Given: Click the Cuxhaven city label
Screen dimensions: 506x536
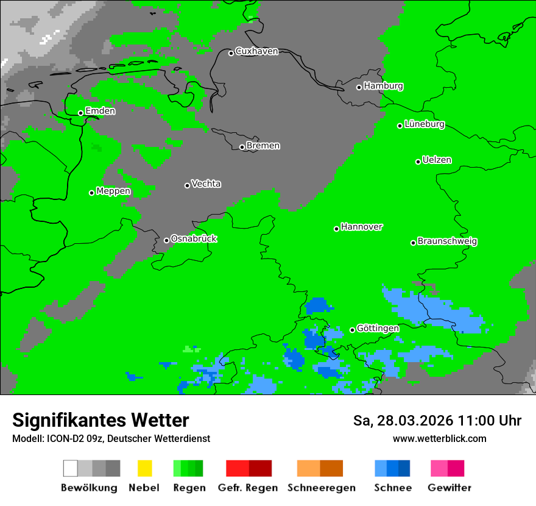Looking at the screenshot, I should [x=256, y=51].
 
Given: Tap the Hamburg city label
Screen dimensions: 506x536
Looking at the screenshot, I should [x=383, y=86].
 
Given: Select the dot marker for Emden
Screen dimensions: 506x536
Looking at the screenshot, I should [x=80, y=113].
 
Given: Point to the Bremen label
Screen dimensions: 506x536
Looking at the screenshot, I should [x=263, y=146].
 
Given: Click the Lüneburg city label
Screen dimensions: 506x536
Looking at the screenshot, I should [x=424, y=124].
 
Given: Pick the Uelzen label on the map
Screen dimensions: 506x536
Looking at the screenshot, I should [x=437, y=160].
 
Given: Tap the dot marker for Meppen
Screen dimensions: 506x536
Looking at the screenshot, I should [x=91, y=193].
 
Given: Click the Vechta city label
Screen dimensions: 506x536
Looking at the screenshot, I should [x=206, y=184].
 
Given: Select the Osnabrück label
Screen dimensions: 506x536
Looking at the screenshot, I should [x=194, y=238].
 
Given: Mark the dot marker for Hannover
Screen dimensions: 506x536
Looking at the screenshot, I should [x=336, y=229].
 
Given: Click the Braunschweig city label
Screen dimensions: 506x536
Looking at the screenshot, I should [x=447, y=241].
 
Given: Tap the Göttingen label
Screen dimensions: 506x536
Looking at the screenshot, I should [x=378, y=329].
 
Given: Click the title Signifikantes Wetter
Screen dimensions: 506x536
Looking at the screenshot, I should [x=100, y=421].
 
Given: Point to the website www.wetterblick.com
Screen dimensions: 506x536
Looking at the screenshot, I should [x=439, y=439].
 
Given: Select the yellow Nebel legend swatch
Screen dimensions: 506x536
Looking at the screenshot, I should [x=144, y=468].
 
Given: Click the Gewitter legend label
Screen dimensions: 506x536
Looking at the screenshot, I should [x=449, y=488].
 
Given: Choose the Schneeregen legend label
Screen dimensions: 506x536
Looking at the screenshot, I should [x=321, y=488].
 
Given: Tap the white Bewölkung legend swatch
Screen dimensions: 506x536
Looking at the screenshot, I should [x=71, y=468].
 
